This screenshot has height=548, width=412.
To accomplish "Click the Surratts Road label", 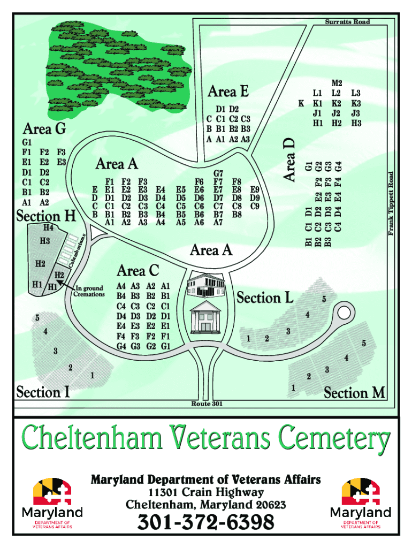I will point(347,22).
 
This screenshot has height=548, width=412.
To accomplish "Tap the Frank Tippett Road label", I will point(391,204).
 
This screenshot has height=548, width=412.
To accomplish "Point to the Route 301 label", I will point(207,404).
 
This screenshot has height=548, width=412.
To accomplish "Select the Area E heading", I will point(228,92).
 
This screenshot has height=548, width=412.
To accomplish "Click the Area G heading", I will point(44,129).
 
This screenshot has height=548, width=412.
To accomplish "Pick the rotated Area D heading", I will point(289,159).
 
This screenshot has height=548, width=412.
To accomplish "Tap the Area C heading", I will point(138,270).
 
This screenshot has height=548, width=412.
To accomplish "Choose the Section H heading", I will point(46,216).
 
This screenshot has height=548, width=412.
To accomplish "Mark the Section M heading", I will point(354,393).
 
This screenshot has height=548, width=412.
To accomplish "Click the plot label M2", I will point(337,83).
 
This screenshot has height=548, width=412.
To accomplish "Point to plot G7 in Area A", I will point(218,173).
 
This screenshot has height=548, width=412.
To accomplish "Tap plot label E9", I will point(255,189).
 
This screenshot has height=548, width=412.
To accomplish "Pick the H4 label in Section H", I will point(48,228).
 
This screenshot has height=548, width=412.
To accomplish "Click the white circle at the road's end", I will point(344,312).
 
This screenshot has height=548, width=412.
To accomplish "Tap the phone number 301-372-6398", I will point(206,522).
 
